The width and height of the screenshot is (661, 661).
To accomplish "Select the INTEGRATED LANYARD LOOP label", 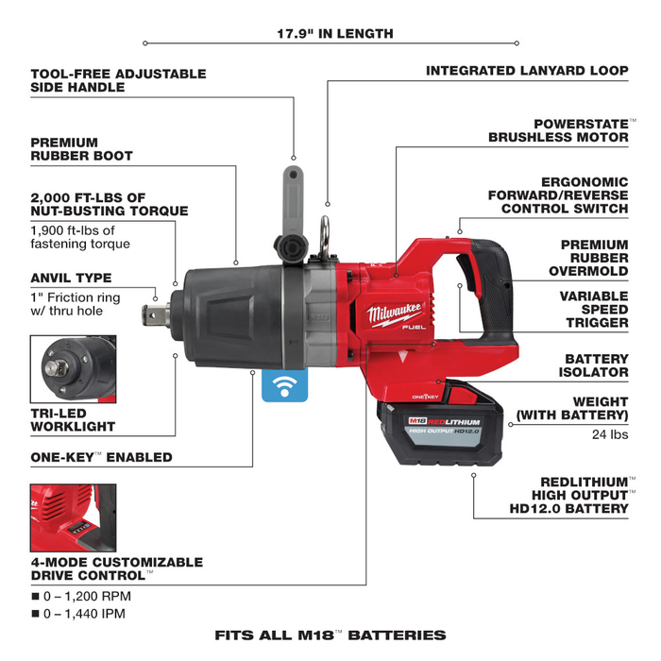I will [527, 71].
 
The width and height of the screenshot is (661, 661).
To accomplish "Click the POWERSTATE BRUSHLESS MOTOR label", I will [558, 130].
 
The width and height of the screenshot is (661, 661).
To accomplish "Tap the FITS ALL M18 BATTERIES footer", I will [330, 636].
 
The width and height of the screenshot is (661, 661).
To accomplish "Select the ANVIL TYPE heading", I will [71, 279].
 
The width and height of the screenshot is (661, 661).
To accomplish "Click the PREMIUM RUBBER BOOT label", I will [82, 149].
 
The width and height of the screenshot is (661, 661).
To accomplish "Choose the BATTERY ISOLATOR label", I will [596, 365].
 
